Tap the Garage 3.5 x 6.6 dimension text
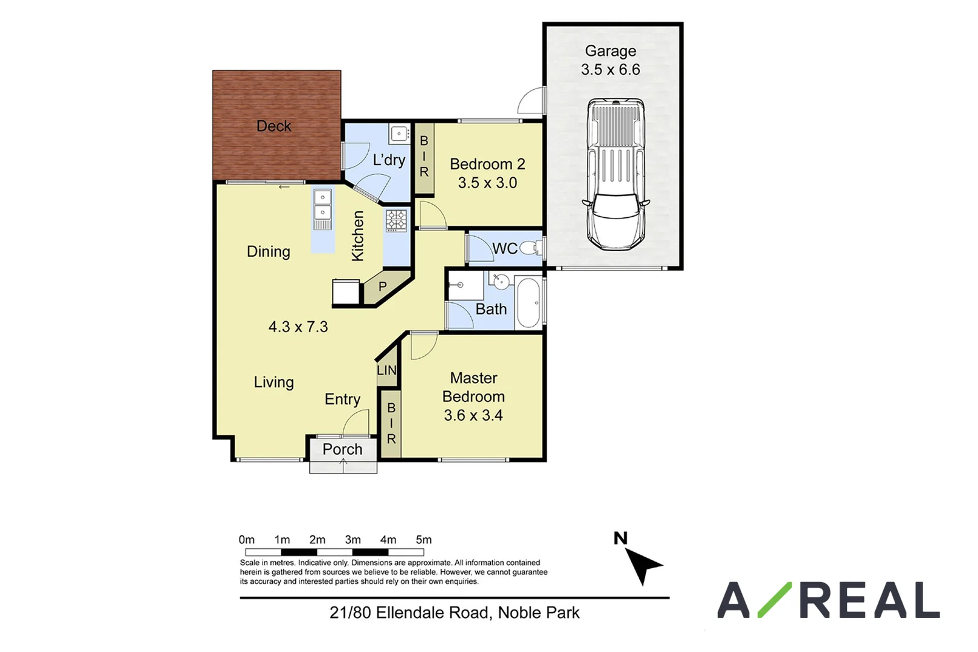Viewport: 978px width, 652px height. [x=610, y=69]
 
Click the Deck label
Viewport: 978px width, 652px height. [x=273, y=126]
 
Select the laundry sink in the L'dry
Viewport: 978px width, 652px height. [x=399, y=133]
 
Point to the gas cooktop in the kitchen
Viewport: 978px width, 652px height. [x=397, y=220]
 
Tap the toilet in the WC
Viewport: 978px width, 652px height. [x=531, y=248]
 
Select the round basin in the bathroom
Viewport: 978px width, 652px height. [x=500, y=281]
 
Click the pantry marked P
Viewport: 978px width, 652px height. [x=383, y=287]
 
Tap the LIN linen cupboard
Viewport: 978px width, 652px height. [x=387, y=369]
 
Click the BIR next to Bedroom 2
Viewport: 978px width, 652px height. [x=424, y=156]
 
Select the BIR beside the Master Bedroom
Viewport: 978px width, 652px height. [x=391, y=423]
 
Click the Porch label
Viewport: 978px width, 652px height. [x=342, y=449]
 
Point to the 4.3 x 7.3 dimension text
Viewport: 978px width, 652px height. [x=298, y=327]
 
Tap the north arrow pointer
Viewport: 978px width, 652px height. [x=644, y=565]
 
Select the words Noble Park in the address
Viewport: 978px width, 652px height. [x=539, y=613]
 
